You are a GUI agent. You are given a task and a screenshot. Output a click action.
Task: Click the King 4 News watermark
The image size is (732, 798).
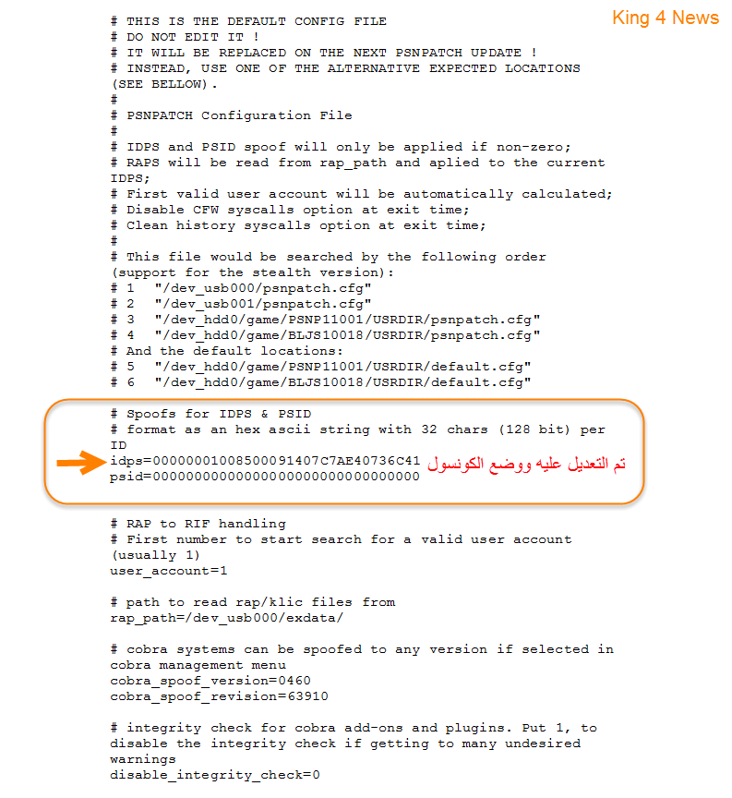[665, 18]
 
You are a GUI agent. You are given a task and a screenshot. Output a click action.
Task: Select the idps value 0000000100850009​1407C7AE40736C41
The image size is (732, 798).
[286, 460]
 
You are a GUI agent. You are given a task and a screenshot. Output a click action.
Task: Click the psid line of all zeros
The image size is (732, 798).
[265, 477]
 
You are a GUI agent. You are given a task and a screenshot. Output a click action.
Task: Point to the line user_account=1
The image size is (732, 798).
[169, 571]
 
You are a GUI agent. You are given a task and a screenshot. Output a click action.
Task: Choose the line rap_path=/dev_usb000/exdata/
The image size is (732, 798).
[227, 618]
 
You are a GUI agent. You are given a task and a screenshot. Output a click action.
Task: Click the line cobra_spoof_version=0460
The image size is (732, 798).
[210, 681]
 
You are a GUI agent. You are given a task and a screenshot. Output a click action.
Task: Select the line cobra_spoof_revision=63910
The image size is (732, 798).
[219, 696]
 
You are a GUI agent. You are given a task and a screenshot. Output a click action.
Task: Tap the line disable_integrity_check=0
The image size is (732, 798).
[215, 775]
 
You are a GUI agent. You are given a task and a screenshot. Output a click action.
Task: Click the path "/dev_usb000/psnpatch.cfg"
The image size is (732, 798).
[263, 288]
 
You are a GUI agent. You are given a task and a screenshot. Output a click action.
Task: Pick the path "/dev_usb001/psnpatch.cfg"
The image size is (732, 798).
[263, 304]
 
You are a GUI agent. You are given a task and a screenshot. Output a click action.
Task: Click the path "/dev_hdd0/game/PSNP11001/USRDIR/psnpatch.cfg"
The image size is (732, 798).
[347, 320]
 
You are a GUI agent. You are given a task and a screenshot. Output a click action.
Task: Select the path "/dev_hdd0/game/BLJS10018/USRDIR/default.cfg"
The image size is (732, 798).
[342, 382]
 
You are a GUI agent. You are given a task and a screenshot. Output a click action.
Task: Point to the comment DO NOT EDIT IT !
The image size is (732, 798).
[189, 37]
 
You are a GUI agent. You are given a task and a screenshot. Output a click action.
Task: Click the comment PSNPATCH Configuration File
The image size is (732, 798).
[239, 115]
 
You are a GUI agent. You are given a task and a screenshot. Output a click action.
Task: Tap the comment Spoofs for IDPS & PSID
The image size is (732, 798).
[219, 414]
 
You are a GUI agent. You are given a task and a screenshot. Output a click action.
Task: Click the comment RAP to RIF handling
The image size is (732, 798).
[206, 524]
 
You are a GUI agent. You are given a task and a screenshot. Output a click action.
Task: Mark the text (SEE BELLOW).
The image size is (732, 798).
[164, 84]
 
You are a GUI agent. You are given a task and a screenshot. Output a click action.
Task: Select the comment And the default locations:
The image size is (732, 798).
[234, 351]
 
